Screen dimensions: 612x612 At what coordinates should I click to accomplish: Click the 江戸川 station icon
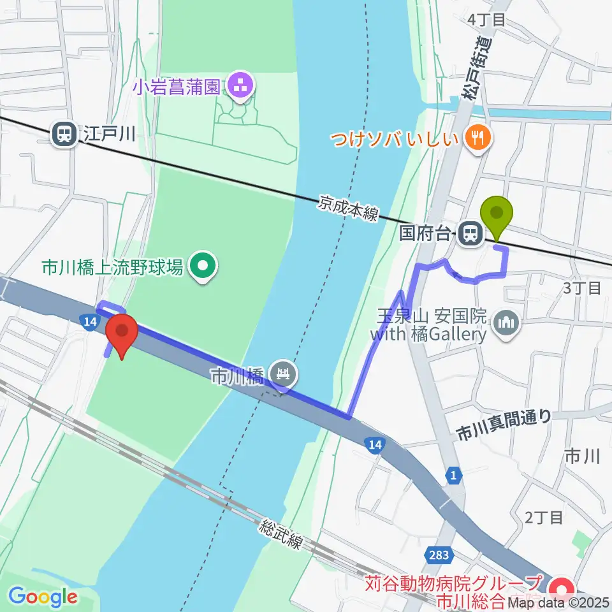click(x=64, y=134)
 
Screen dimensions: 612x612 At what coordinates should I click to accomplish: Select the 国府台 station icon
click(x=470, y=233)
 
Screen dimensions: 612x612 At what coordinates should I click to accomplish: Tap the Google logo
click(x=43, y=597)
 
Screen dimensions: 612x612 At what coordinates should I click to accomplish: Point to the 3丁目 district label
click(x=583, y=288)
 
